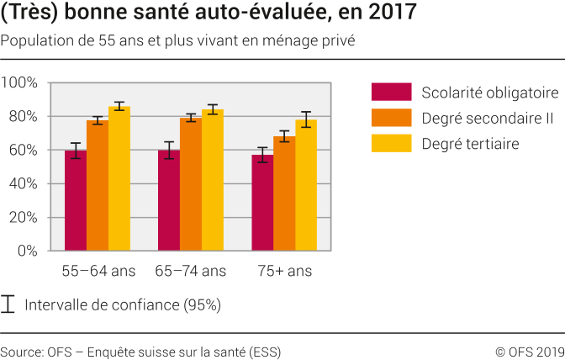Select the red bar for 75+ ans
[x=262, y=203]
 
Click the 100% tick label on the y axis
[x=20, y=82]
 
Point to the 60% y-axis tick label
[x=24, y=150]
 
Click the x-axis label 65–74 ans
[x=191, y=271]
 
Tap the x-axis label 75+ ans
[x=284, y=271]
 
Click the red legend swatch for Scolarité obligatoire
[x=391, y=93]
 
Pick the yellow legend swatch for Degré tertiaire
[x=391, y=144]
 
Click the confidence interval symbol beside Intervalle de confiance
[x=8, y=304]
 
